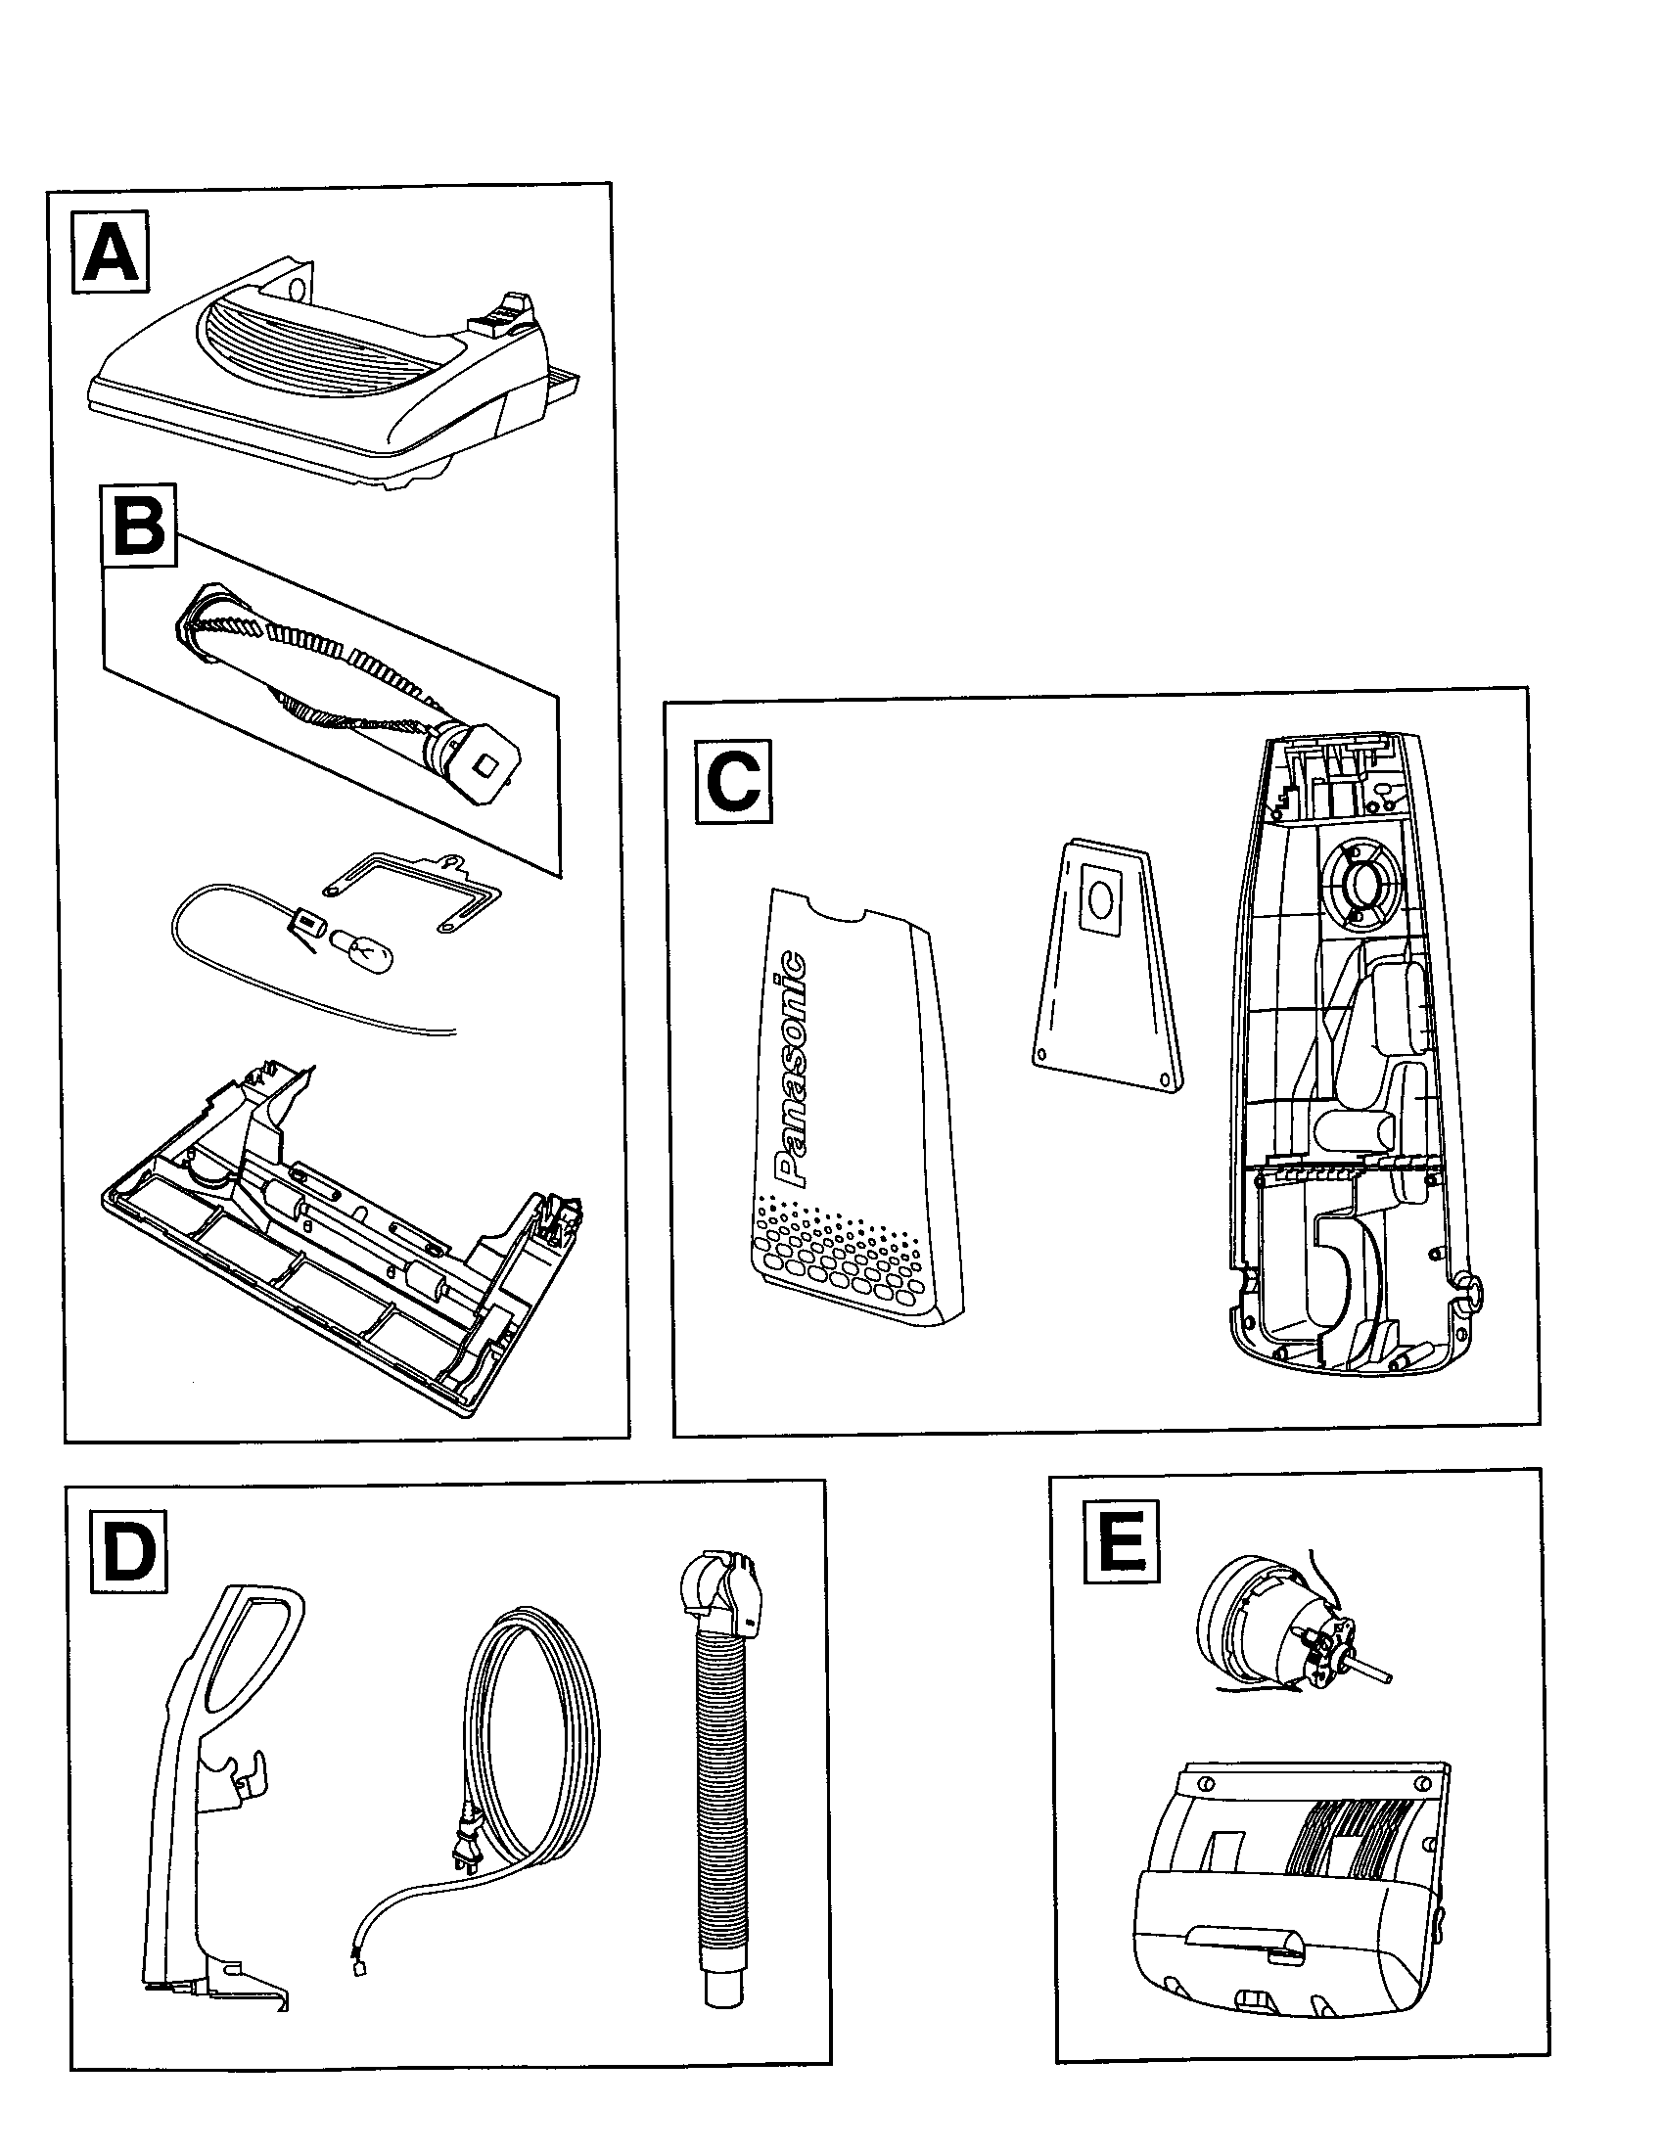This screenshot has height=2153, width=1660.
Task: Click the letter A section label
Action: coord(111,253)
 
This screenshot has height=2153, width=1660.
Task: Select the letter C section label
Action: coord(733,784)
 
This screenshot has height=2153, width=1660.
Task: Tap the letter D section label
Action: coord(128,1553)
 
